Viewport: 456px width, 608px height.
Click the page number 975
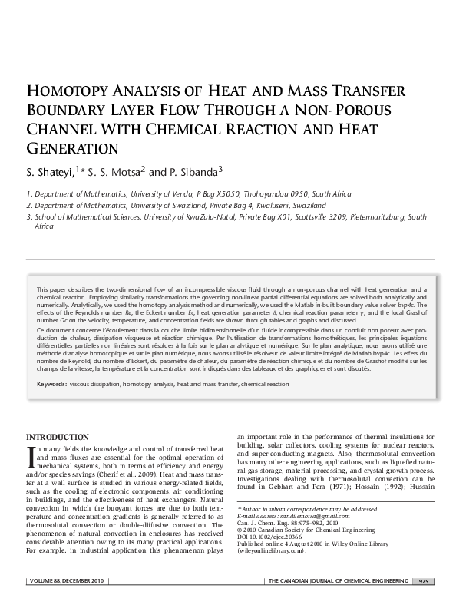[x=423, y=581]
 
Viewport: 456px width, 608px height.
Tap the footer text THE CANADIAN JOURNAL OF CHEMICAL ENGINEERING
[x=335, y=581]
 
